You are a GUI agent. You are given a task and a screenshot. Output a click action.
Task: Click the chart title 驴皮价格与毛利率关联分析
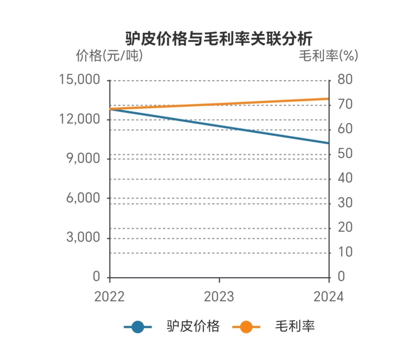219,39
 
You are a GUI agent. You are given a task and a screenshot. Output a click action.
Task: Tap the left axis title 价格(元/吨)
109,55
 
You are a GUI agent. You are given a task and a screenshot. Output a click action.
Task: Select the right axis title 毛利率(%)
328,55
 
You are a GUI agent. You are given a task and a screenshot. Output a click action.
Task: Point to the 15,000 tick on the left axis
80,80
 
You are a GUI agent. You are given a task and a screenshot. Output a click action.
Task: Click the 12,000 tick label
80,119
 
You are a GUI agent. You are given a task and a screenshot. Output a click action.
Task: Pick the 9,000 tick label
83,158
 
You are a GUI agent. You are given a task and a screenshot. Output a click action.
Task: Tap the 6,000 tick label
83,198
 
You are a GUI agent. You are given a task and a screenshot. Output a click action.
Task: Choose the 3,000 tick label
83,237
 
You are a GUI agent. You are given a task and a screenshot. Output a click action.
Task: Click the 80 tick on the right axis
345,80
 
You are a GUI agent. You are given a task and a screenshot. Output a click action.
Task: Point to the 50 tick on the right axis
345,154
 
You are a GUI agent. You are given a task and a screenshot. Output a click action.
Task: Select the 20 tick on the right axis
345,227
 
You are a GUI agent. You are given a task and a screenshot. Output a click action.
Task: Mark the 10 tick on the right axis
345,252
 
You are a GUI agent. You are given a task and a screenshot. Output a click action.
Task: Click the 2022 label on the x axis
109,297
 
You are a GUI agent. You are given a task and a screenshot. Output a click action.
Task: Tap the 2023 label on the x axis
219,297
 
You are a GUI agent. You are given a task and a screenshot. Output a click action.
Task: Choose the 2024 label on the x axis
328,297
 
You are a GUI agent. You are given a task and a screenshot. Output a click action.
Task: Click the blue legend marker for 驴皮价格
138,327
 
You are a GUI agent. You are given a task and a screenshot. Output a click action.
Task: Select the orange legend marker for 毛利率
246,327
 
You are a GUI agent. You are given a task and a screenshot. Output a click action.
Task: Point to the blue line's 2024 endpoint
329,143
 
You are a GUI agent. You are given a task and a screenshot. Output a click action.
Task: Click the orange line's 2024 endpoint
329,99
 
